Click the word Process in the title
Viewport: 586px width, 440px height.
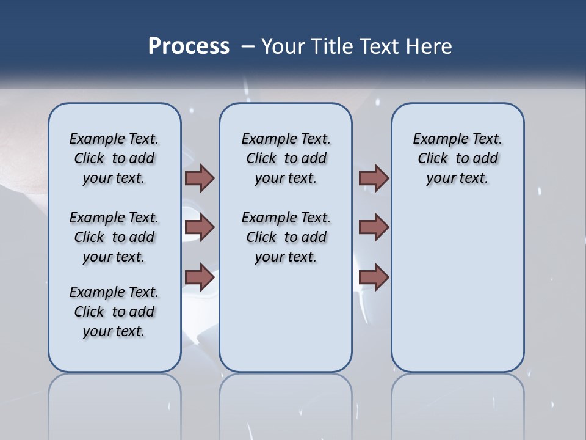tap(189, 46)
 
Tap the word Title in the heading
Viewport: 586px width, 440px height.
tap(333, 46)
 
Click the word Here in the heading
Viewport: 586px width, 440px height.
tap(429, 46)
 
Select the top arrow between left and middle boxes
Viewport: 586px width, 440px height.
tap(200, 178)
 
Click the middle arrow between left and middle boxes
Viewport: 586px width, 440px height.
tap(200, 227)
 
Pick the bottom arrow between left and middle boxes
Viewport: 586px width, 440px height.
tap(200, 277)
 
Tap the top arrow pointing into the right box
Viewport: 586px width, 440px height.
tap(374, 178)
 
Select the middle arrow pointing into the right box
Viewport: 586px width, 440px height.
tap(374, 227)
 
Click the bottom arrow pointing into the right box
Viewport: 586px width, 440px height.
tap(374, 277)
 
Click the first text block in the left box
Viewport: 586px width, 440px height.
tap(114, 158)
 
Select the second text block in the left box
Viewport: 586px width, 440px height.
tap(114, 237)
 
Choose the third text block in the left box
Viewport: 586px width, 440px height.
tap(114, 312)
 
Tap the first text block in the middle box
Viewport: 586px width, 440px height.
tap(286, 158)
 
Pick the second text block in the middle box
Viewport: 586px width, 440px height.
tap(286, 237)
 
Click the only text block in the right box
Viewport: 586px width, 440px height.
tap(457, 158)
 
